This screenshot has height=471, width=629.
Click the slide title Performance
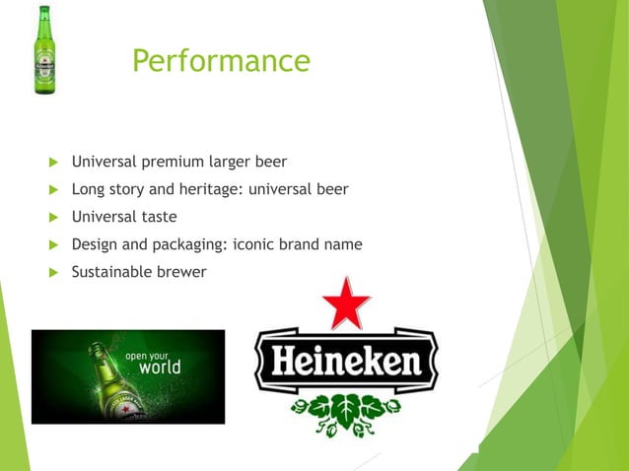click(x=221, y=61)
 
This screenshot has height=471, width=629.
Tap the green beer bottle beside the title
click(x=43, y=50)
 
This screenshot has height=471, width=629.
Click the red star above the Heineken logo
click(x=346, y=304)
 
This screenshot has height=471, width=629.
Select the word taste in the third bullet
click(x=159, y=216)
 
